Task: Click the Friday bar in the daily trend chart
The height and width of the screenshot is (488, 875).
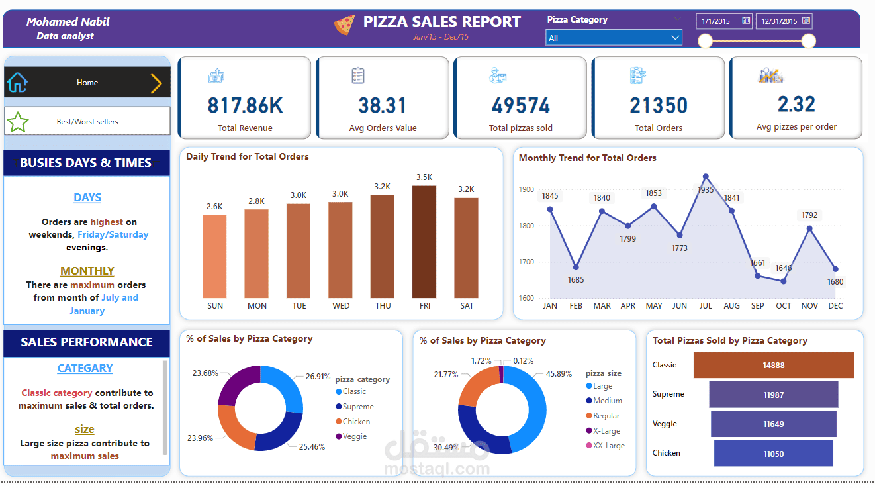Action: tap(424, 242)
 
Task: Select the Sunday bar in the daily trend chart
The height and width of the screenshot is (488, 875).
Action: tap(214, 256)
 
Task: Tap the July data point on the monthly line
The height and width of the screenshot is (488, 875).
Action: tap(706, 177)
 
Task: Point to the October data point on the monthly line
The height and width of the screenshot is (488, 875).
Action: tap(784, 281)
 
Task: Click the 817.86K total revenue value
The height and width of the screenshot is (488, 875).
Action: tap(245, 105)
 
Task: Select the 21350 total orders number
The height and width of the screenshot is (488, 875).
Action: tap(659, 105)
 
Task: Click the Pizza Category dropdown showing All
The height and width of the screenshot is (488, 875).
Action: tap(614, 38)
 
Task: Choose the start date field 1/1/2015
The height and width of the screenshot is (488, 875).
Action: tap(724, 21)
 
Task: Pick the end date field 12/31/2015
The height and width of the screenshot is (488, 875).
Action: tap(784, 21)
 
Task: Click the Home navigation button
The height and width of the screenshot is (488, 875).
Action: tap(87, 83)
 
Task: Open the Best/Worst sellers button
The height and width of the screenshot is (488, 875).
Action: tap(87, 122)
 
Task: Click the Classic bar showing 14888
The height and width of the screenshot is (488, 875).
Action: tap(773, 365)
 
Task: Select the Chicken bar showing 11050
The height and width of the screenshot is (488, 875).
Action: tap(773, 453)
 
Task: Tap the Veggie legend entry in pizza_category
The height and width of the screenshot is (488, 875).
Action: tap(355, 436)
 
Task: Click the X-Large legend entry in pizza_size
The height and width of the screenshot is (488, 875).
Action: tap(606, 431)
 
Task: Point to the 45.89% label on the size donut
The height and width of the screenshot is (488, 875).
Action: tap(559, 373)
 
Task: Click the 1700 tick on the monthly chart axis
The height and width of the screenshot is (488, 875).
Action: tap(526, 262)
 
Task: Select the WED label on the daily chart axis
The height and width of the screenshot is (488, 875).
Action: tap(341, 306)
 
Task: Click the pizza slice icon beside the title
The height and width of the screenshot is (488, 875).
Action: tap(344, 25)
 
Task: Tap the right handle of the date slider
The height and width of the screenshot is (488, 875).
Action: tap(808, 41)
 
